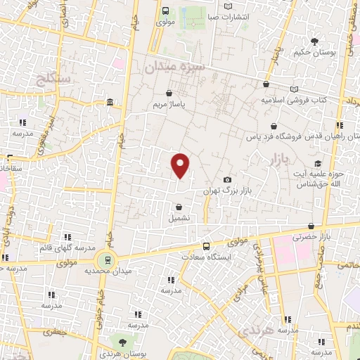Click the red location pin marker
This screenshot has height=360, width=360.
point(181,165)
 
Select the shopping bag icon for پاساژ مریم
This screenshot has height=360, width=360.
point(169,93)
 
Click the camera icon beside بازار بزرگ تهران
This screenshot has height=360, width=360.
point(226,180)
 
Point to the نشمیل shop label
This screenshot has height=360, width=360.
point(179,218)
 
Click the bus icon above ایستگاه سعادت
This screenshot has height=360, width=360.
point(206,247)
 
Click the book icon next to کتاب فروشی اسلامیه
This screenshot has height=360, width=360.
point(294,89)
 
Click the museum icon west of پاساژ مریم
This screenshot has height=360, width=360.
point(110,104)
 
